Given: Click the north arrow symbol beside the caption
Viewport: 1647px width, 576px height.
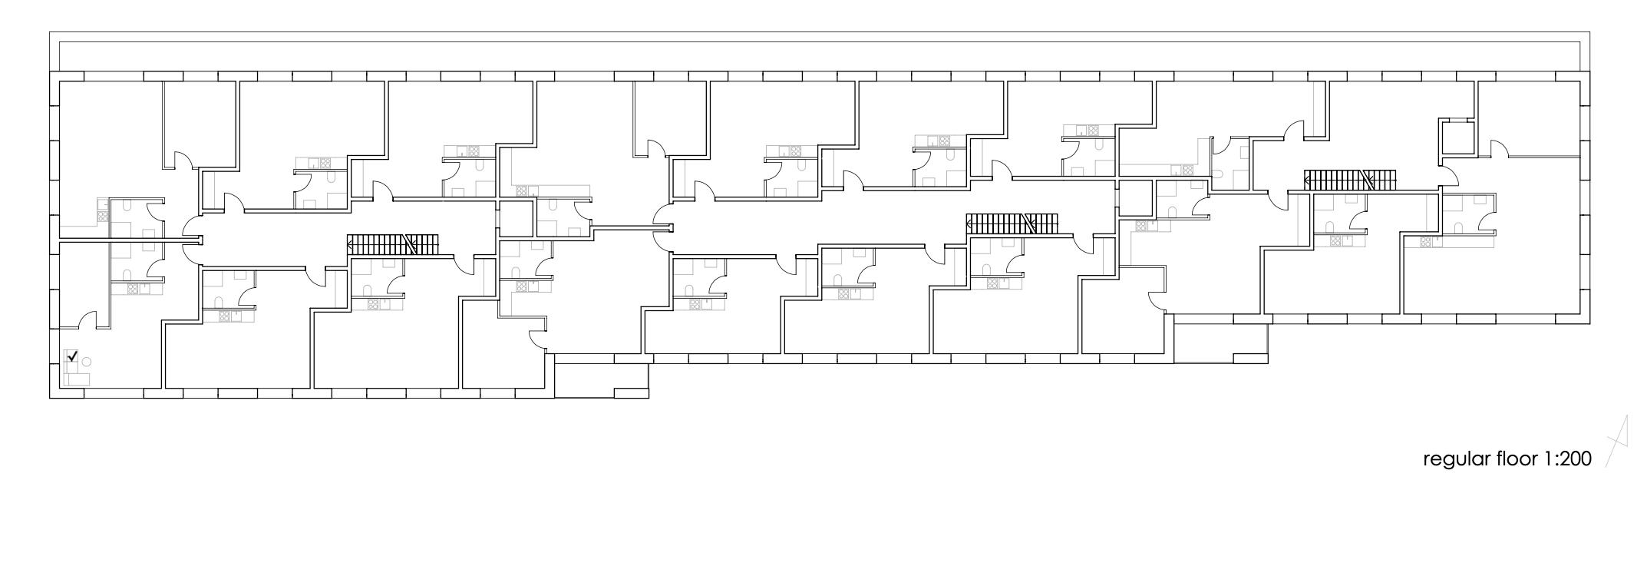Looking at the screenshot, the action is click(x=1617, y=441).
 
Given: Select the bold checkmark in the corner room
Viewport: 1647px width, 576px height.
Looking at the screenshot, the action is click(x=73, y=356).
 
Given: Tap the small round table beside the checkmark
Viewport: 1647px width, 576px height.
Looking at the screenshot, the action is click(x=87, y=362).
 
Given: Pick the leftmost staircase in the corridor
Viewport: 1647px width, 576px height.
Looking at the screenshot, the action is click(x=392, y=245).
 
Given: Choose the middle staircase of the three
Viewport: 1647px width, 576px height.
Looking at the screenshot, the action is click(x=1011, y=223).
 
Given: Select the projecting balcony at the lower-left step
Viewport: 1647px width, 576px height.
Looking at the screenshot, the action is click(x=601, y=379).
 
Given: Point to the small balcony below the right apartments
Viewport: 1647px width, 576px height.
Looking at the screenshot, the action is click(x=1220, y=343).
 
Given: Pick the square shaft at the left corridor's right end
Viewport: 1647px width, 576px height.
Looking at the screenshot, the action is click(x=516, y=219).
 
